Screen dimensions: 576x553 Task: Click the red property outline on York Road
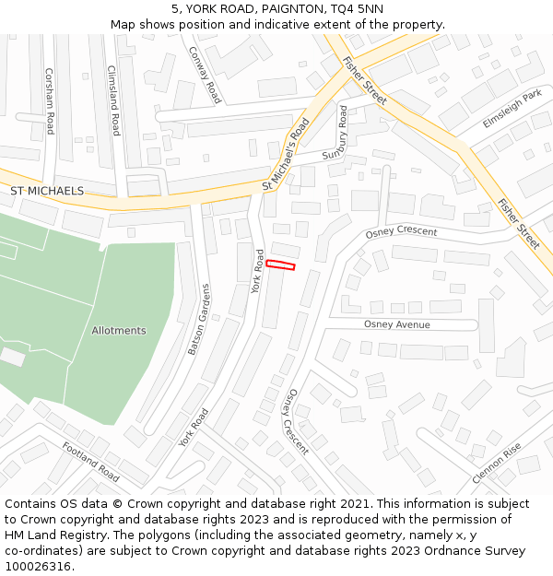(x=281, y=265)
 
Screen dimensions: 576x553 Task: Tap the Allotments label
(x=119, y=330)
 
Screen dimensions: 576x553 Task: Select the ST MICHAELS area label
(x=47, y=191)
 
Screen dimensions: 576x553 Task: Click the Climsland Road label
(x=114, y=100)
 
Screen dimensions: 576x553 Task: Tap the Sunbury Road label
(x=337, y=134)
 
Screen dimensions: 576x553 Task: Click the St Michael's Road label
(x=286, y=154)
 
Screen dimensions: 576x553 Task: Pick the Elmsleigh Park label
(x=512, y=109)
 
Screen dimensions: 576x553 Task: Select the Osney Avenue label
(x=397, y=324)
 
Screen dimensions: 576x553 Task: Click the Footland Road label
(x=90, y=461)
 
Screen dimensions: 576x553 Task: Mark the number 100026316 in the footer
(x=38, y=567)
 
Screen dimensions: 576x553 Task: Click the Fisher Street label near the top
(x=364, y=80)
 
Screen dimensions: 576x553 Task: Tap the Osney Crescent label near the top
(x=401, y=231)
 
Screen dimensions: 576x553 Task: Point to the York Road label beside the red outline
(x=257, y=271)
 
